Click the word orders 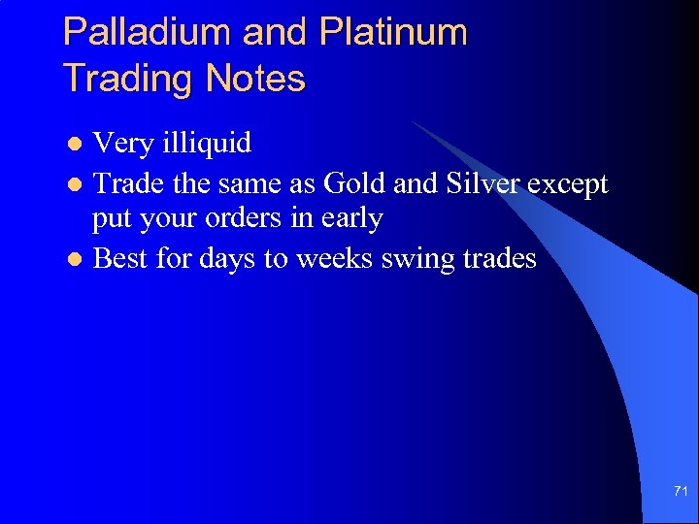click(242, 219)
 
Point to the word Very click(123, 145)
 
